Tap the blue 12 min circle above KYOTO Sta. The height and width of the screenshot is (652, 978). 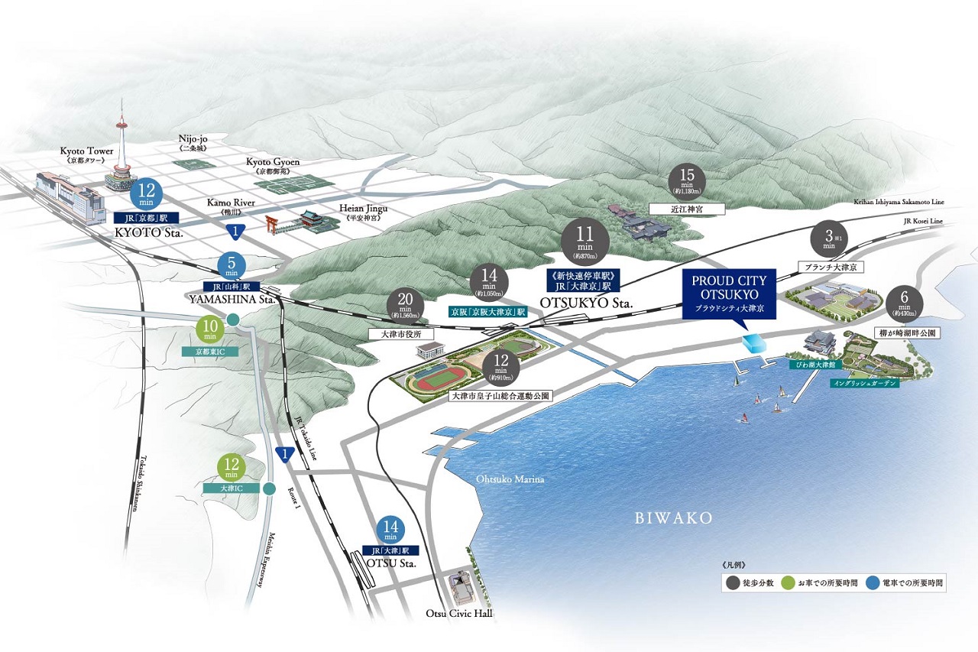148,194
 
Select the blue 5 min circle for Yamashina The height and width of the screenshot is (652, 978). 231,266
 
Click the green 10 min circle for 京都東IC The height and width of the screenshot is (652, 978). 209,329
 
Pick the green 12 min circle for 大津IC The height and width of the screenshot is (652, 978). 230,467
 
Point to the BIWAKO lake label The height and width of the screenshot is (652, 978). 674,518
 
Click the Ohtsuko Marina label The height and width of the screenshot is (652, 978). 510,479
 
